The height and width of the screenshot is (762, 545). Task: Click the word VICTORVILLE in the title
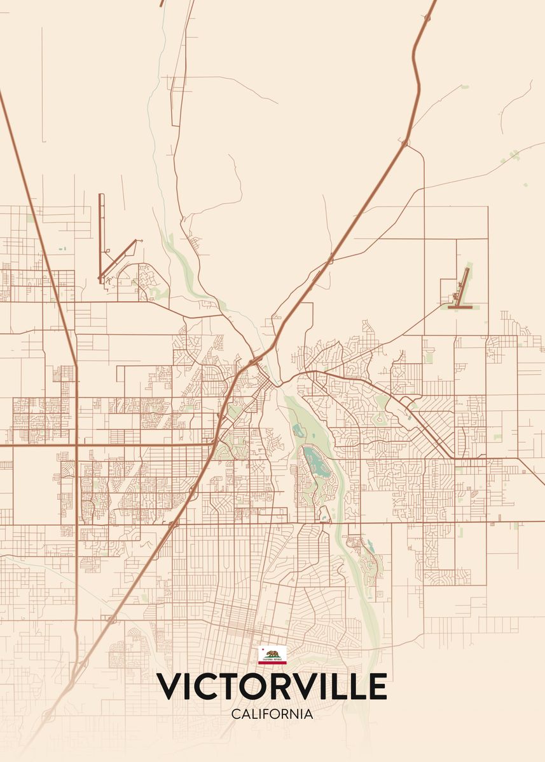coord(272,686)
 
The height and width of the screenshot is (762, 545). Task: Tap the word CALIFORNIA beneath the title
coord(272,714)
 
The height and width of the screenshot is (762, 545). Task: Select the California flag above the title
coord(272,655)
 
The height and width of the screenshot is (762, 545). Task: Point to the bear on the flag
coord(273,653)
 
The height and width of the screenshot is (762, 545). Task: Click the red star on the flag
coord(262,649)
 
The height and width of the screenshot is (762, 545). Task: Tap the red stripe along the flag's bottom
coord(272,662)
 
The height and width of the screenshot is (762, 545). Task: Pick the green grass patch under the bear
coord(273,657)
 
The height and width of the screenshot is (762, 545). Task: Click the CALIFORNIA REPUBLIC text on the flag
coord(272,659)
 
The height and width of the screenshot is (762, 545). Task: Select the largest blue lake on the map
coord(315,462)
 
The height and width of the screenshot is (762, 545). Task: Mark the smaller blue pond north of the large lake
coord(298,431)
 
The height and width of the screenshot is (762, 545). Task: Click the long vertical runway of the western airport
coord(100,235)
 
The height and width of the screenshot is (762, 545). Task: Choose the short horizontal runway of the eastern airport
coord(460,307)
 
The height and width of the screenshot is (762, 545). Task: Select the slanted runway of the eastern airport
coord(463,283)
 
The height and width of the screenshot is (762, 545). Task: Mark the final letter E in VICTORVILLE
coord(376,686)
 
